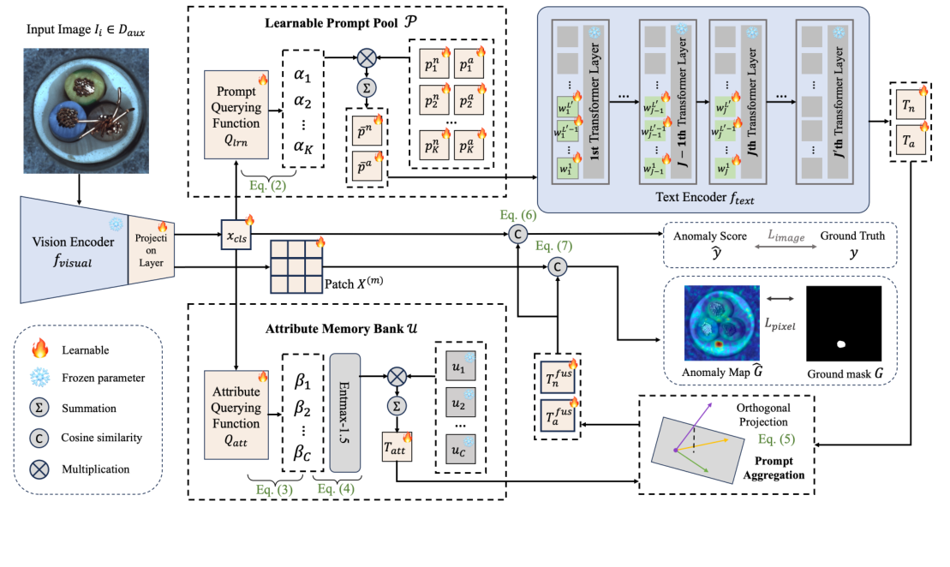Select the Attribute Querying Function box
coord(235,413)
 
